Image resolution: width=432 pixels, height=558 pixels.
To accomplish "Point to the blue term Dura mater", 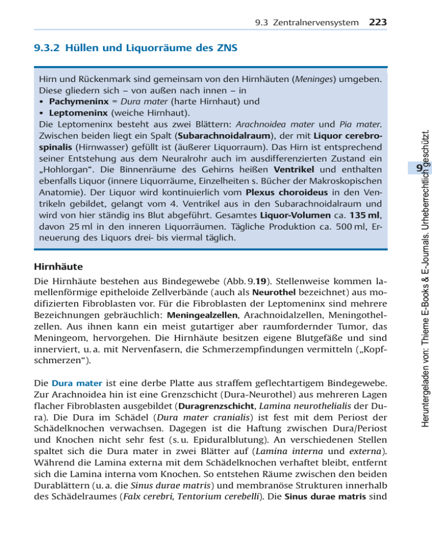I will (77, 400).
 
